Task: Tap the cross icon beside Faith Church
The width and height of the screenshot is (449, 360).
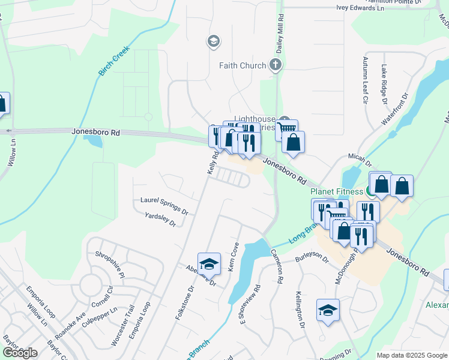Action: [x=276, y=65]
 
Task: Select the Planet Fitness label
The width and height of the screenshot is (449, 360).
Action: [x=337, y=191]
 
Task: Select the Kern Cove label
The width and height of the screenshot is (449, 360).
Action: [x=234, y=256]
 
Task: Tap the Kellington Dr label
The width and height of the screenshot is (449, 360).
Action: [x=300, y=309]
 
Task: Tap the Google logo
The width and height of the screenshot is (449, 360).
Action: [x=20, y=353]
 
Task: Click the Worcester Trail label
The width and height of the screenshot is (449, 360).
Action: [x=121, y=325]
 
